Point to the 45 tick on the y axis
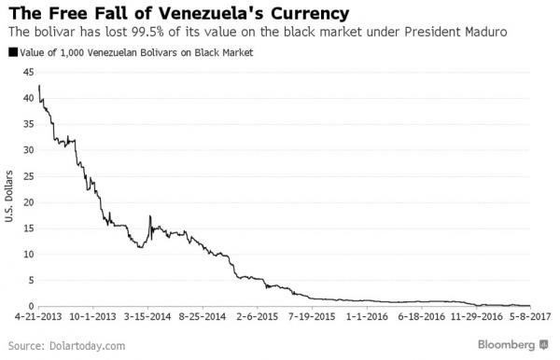[x=28, y=72]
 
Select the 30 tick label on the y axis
[x=28, y=150]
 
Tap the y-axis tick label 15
[x=28, y=228]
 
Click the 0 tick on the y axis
[x=31, y=306]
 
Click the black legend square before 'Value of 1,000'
[x=11, y=52]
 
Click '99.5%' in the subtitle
[x=146, y=33]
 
